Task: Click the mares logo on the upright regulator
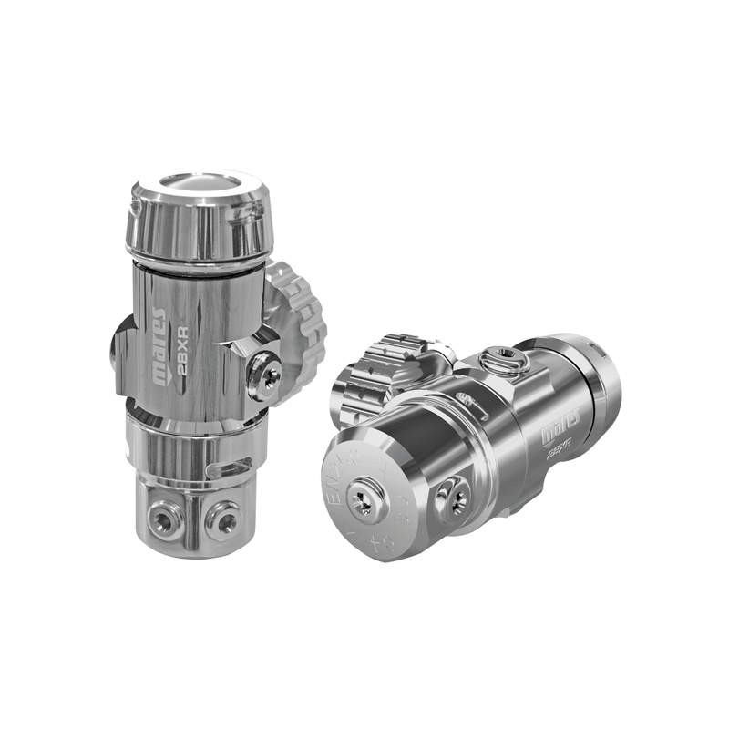[159, 346]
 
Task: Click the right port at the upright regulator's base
[221, 519]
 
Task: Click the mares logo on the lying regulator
[556, 436]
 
